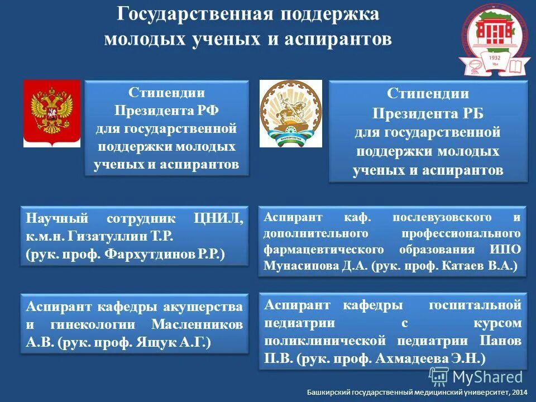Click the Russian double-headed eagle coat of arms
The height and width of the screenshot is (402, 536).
[x=52, y=113]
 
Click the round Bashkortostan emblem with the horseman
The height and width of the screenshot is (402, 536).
[x=291, y=113]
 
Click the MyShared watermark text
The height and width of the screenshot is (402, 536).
[x=487, y=377]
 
